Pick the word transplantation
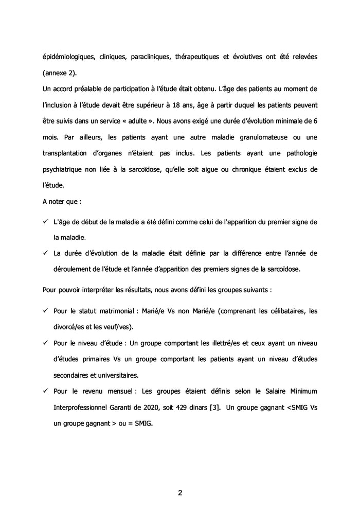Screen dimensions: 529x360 (67, 153)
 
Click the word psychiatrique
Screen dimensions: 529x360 (63, 169)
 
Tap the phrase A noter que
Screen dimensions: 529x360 (62, 201)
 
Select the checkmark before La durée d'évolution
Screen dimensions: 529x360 (45, 253)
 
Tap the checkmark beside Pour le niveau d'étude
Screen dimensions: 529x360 (45, 343)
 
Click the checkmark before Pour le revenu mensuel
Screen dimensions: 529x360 (45, 391)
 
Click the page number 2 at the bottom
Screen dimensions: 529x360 (180, 492)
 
